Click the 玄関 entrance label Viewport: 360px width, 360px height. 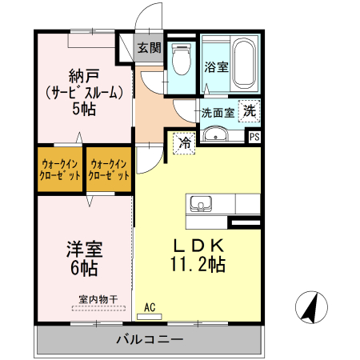[x=149, y=48]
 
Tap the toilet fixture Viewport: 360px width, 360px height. [x=182, y=59]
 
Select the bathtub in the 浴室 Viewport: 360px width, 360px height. [x=244, y=63]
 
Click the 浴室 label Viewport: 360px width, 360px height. [x=216, y=67]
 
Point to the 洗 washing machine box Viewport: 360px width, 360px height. [x=250, y=111]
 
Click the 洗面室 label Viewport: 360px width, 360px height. [x=218, y=113]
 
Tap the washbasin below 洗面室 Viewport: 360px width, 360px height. [x=215, y=134]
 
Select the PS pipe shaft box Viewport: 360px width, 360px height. [x=254, y=137]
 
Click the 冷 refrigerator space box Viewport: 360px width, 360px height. [x=184, y=143]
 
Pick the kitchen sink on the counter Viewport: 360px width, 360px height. [x=201, y=204]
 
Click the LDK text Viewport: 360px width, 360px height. [x=198, y=246]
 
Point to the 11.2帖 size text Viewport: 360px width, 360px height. [x=198, y=264]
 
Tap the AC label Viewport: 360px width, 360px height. [x=150, y=307]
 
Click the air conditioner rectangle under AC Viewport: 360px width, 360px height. [x=150, y=317]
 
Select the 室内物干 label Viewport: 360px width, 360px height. [x=98, y=299]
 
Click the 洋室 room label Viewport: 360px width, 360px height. [x=85, y=250]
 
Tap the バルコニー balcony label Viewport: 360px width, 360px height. [x=150, y=339]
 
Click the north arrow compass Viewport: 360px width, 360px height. [x=311, y=307]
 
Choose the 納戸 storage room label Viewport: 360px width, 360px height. [x=84, y=76]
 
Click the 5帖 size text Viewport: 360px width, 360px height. [x=84, y=109]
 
